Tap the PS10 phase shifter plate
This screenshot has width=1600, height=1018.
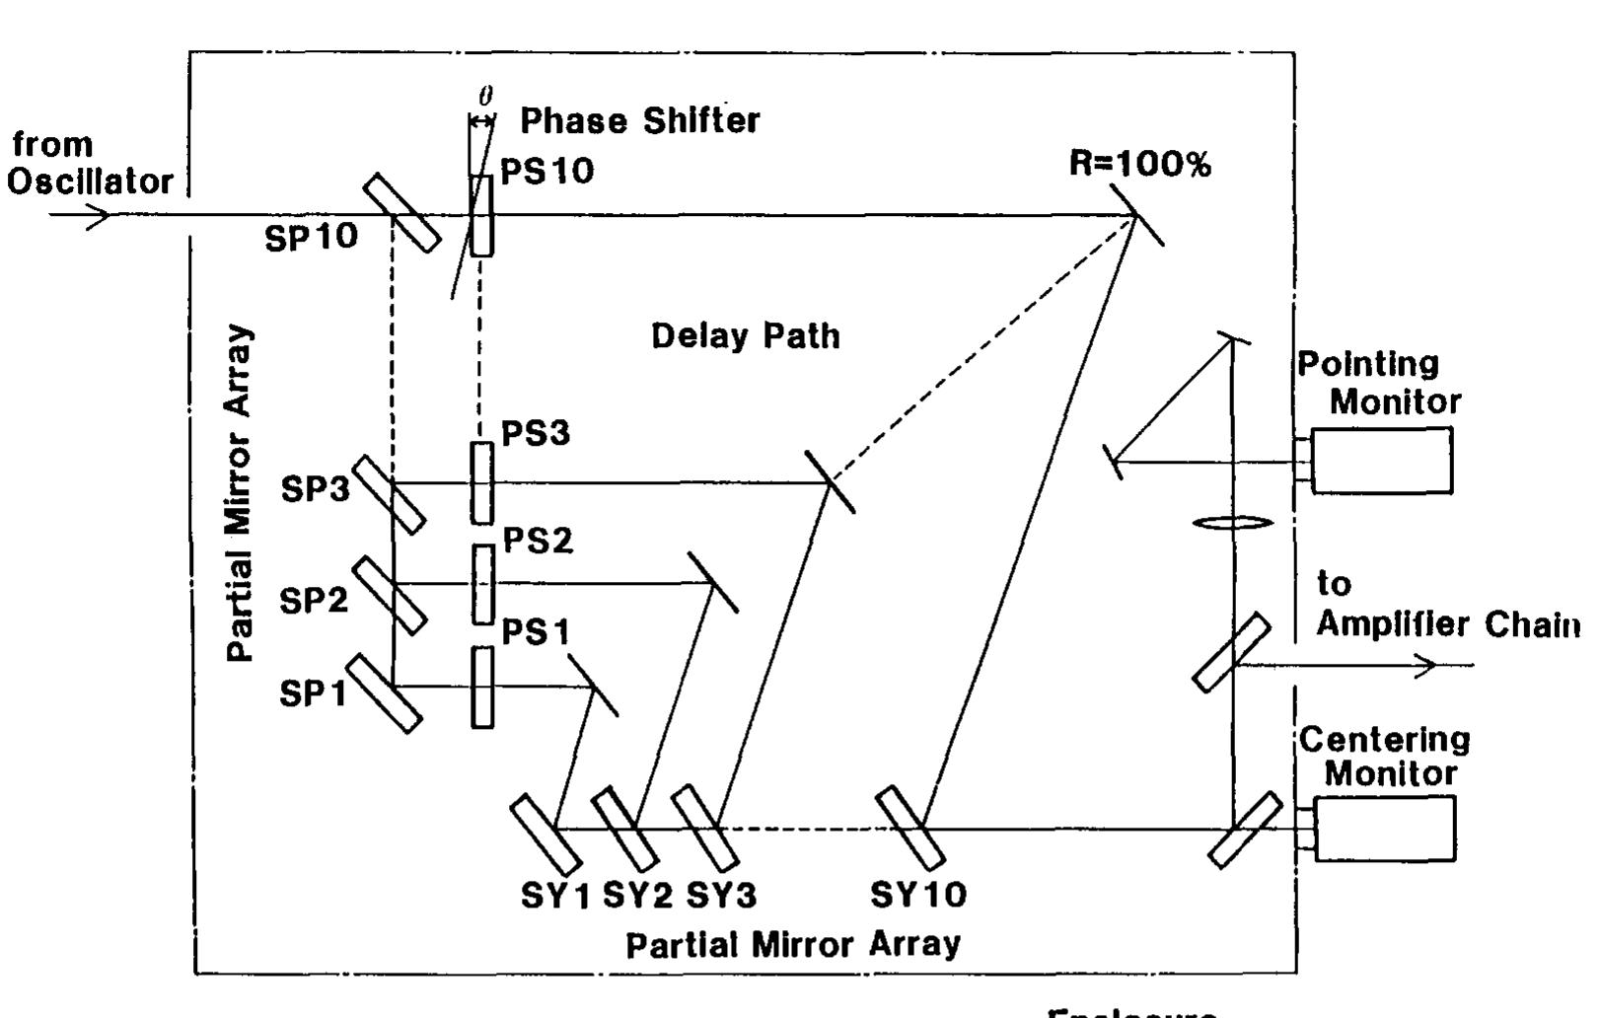coord(481,216)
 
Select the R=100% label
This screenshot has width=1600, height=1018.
coord(1140,165)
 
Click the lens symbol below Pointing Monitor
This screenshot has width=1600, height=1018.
coord(1233,523)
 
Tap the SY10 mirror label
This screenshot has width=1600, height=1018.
coord(918,895)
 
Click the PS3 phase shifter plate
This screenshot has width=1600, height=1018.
coord(481,482)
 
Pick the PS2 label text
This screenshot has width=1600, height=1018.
coord(538,541)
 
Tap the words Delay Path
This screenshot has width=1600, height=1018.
coord(746,336)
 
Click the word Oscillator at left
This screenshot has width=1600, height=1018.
coord(92,182)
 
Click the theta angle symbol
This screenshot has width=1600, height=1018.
coord(485,97)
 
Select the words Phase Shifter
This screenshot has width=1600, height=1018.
coord(640,121)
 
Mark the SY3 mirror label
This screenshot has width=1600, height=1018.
coord(722,895)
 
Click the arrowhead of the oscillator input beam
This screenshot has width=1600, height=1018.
coord(100,215)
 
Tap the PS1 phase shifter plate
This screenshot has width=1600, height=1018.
coord(482,687)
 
